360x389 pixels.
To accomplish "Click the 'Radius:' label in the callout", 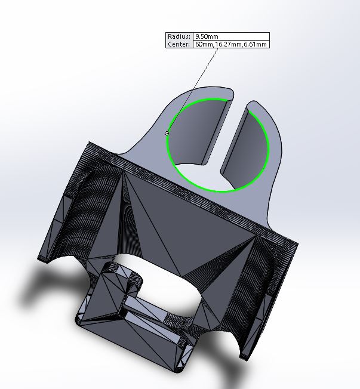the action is pyautogui.click(x=179, y=36).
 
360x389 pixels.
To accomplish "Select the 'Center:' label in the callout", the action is pyautogui.click(x=179, y=44).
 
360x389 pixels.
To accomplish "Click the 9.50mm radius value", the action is pyautogui.click(x=207, y=36).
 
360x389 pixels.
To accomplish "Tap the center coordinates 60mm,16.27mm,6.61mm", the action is pyautogui.click(x=231, y=44).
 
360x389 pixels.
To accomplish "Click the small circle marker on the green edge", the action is pyautogui.click(x=167, y=134).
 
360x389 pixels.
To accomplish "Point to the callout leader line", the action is pyautogui.click(x=193, y=91).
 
